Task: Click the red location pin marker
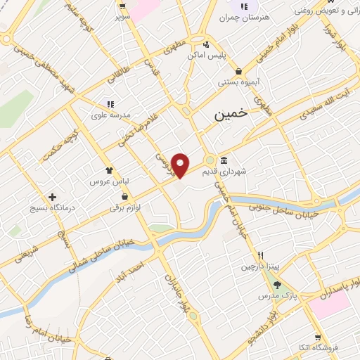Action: click(x=181, y=165)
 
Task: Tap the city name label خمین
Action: click(x=232, y=115)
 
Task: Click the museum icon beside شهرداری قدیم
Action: click(x=224, y=160)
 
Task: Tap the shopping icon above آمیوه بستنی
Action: click(x=240, y=70)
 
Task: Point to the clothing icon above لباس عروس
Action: click(x=109, y=170)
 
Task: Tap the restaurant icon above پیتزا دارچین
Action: click(x=260, y=256)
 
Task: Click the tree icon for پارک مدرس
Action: click(x=277, y=285)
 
